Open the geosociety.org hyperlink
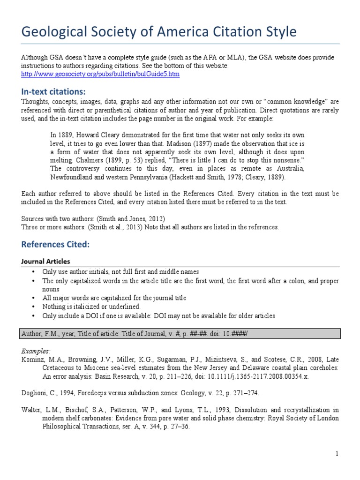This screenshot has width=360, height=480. click(100, 74)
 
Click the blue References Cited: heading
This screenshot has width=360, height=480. click(55, 244)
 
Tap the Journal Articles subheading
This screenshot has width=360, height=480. click(46, 261)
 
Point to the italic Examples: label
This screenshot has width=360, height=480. click(35, 350)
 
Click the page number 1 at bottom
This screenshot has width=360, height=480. click(337, 453)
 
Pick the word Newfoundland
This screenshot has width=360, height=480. click(72, 178)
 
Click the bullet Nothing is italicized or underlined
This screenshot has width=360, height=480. click(91, 306)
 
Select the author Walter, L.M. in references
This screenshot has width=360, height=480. click(38, 410)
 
